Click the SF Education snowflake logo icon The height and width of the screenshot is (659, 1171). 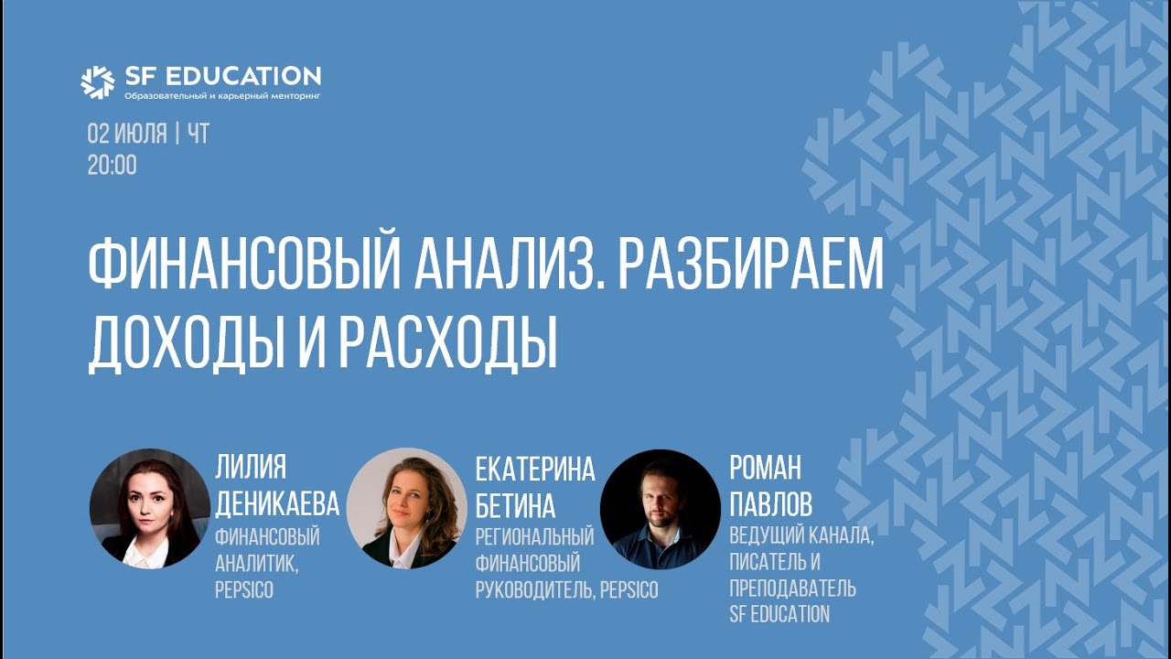coord(97,82)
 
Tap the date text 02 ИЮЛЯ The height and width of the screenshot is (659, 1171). coord(126,135)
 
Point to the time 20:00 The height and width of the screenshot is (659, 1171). coord(112,166)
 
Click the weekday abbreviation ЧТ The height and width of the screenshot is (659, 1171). coord(198,135)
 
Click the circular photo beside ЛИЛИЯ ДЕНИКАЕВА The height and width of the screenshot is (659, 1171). coord(149,508)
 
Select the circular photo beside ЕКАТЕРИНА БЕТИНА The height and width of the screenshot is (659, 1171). coord(406,508)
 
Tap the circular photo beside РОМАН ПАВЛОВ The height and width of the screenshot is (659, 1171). coord(660,509)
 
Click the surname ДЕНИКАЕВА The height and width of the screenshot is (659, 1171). coord(276,503)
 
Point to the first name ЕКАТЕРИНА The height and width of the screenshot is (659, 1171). coord(535,470)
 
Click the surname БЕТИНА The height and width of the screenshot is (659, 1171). coord(515,504)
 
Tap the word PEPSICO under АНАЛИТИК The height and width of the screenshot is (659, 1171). coord(243,590)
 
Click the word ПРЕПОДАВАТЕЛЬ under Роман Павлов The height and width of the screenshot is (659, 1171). coord(792,587)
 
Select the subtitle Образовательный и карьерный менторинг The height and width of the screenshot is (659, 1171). coord(222,95)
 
